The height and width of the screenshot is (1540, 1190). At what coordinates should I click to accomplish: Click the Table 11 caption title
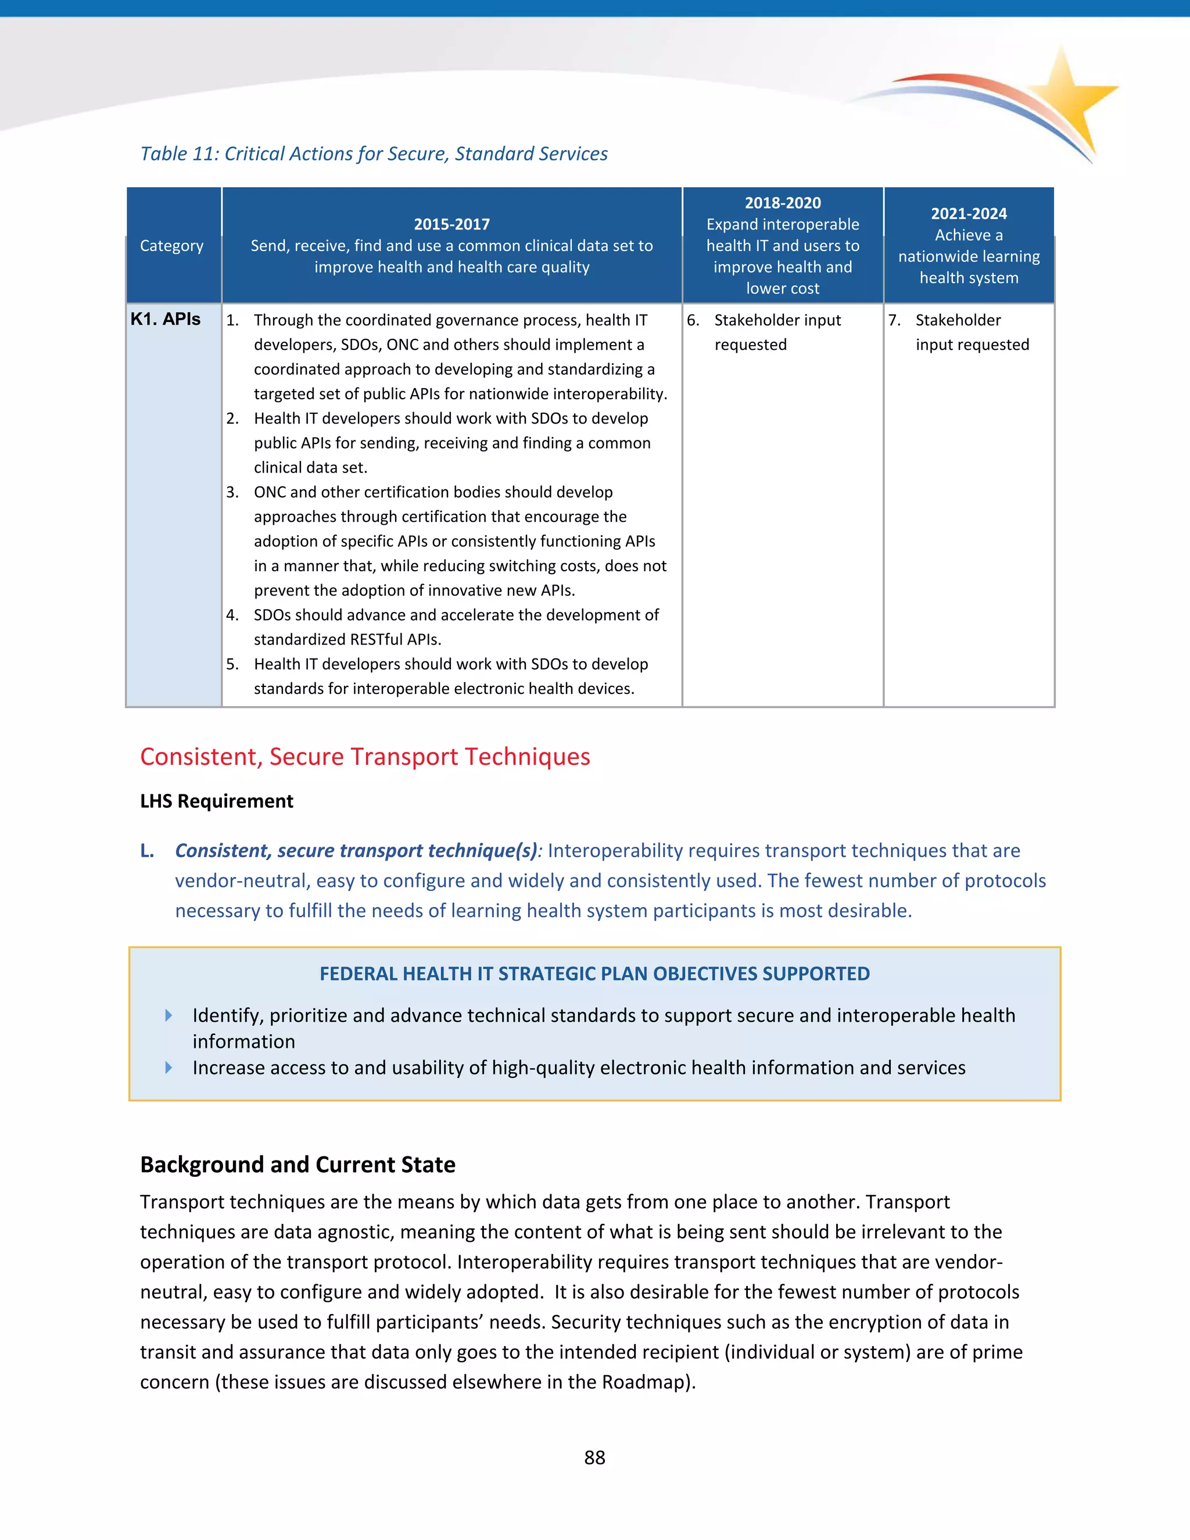pyautogui.click(x=374, y=154)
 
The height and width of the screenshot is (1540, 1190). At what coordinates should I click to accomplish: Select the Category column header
pyautogui.click(x=171, y=245)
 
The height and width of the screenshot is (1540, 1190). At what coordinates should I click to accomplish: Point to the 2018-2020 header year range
pyautogui.click(x=783, y=203)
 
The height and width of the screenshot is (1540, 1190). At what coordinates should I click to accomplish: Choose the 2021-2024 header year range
pyautogui.click(x=969, y=214)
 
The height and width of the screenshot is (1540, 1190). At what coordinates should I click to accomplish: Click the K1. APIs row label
pyautogui.click(x=166, y=320)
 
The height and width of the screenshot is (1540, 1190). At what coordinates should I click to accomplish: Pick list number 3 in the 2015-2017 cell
pyautogui.click(x=232, y=492)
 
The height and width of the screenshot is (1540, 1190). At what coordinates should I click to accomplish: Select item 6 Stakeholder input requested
pyautogui.click(x=777, y=332)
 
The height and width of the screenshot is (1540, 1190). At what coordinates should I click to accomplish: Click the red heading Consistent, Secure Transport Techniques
pyautogui.click(x=364, y=757)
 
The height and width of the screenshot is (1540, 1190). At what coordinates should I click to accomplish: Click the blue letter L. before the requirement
pyautogui.click(x=146, y=851)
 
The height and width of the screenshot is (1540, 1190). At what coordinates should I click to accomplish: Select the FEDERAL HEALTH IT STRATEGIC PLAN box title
pyautogui.click(x=594, y=974)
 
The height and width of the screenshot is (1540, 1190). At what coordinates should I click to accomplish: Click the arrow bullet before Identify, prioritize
pyautogui.click(x=169, y=1015)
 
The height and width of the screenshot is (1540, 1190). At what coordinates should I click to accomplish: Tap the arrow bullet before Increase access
pyautogui.click(x=169, y=1068)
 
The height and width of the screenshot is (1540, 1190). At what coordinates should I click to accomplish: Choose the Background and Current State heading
pyautogui.click(x=297, y=1165)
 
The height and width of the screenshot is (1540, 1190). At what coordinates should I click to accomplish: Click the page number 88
pyautogui.click(x=594, y=1457)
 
